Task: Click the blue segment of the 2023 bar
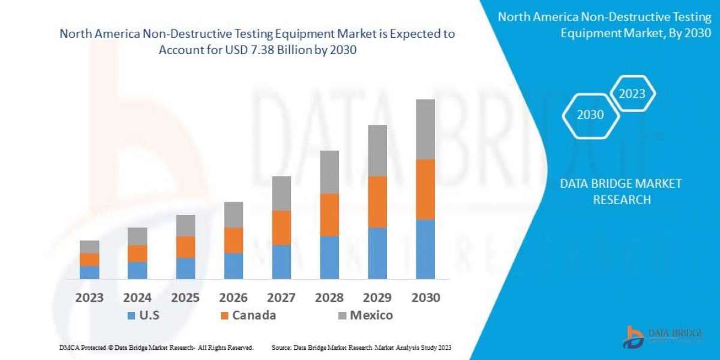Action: coord(89,272)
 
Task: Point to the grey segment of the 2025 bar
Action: coord(185,225)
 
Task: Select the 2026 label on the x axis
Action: coord(233,298)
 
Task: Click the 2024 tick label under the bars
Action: coord(137,298)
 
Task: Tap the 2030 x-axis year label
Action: coord(425,298)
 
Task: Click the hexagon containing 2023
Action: coord(632,94)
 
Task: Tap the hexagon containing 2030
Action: coord(590,115)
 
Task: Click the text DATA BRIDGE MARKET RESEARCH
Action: coord(621,191)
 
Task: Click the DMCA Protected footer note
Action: coord(155,347)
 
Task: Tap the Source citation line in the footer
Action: coord(361,347)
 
